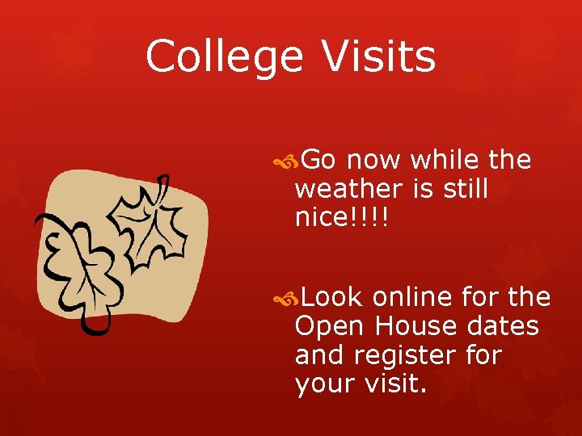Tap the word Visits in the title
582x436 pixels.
378,57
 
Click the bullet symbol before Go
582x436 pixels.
285,162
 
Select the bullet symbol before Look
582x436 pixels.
285,300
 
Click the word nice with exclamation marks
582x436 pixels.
342,218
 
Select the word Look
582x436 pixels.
331,298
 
